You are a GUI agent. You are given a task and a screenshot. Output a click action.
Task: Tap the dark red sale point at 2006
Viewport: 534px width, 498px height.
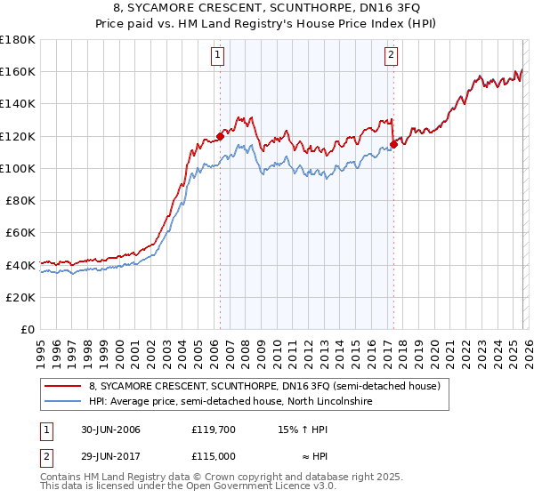pos(220,137)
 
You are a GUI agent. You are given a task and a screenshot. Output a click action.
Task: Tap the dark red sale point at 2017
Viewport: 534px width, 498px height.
pos(392,144)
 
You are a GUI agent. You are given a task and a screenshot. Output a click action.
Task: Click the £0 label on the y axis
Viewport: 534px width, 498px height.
pos(28,330)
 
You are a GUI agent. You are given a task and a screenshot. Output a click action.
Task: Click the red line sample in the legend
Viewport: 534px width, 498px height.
pos(62,386)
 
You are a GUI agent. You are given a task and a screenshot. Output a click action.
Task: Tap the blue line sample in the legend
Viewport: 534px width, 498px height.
pos(62,402)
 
